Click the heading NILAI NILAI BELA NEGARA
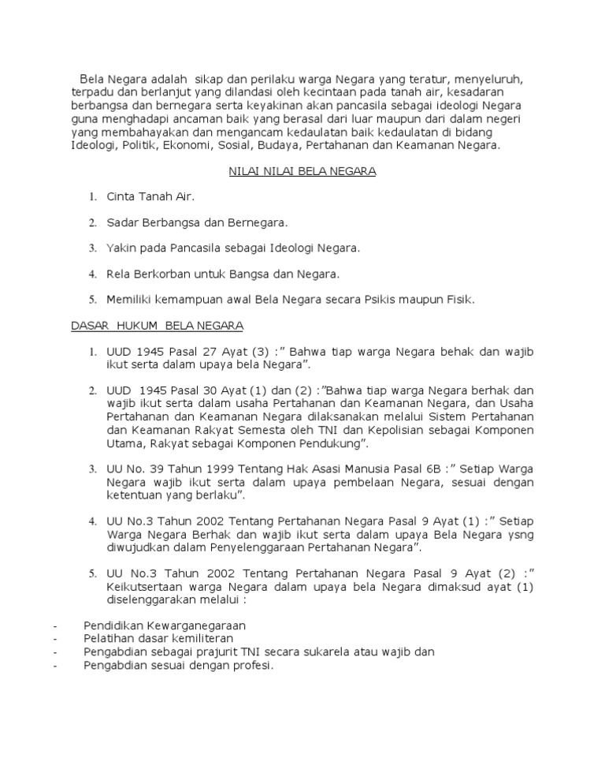point(302,171)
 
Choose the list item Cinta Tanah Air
point(150,196)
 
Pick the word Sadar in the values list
point(123,222)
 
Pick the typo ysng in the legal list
point(517,534)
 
